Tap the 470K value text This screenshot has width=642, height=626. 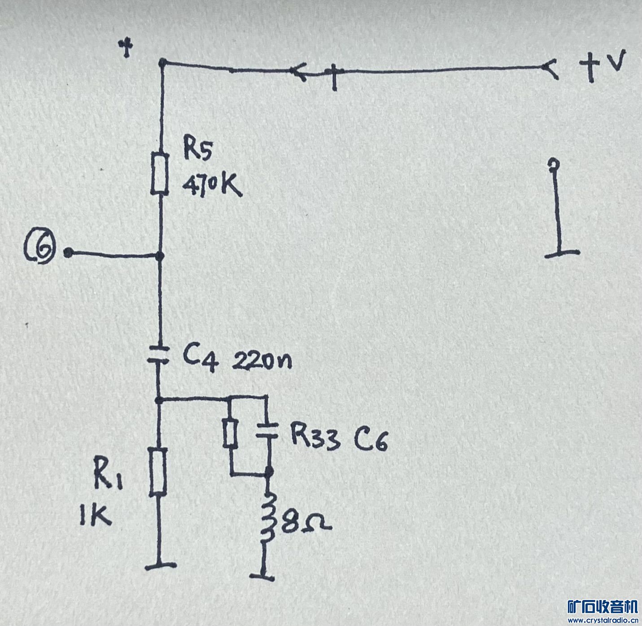point(213,185)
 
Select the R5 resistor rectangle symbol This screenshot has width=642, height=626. point(160,173)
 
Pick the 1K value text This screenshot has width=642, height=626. point(96,516)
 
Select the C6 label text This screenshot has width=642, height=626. point(371,440)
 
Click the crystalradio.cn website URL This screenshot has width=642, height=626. point(603,619)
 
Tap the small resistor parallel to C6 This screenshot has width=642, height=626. point(230,433)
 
